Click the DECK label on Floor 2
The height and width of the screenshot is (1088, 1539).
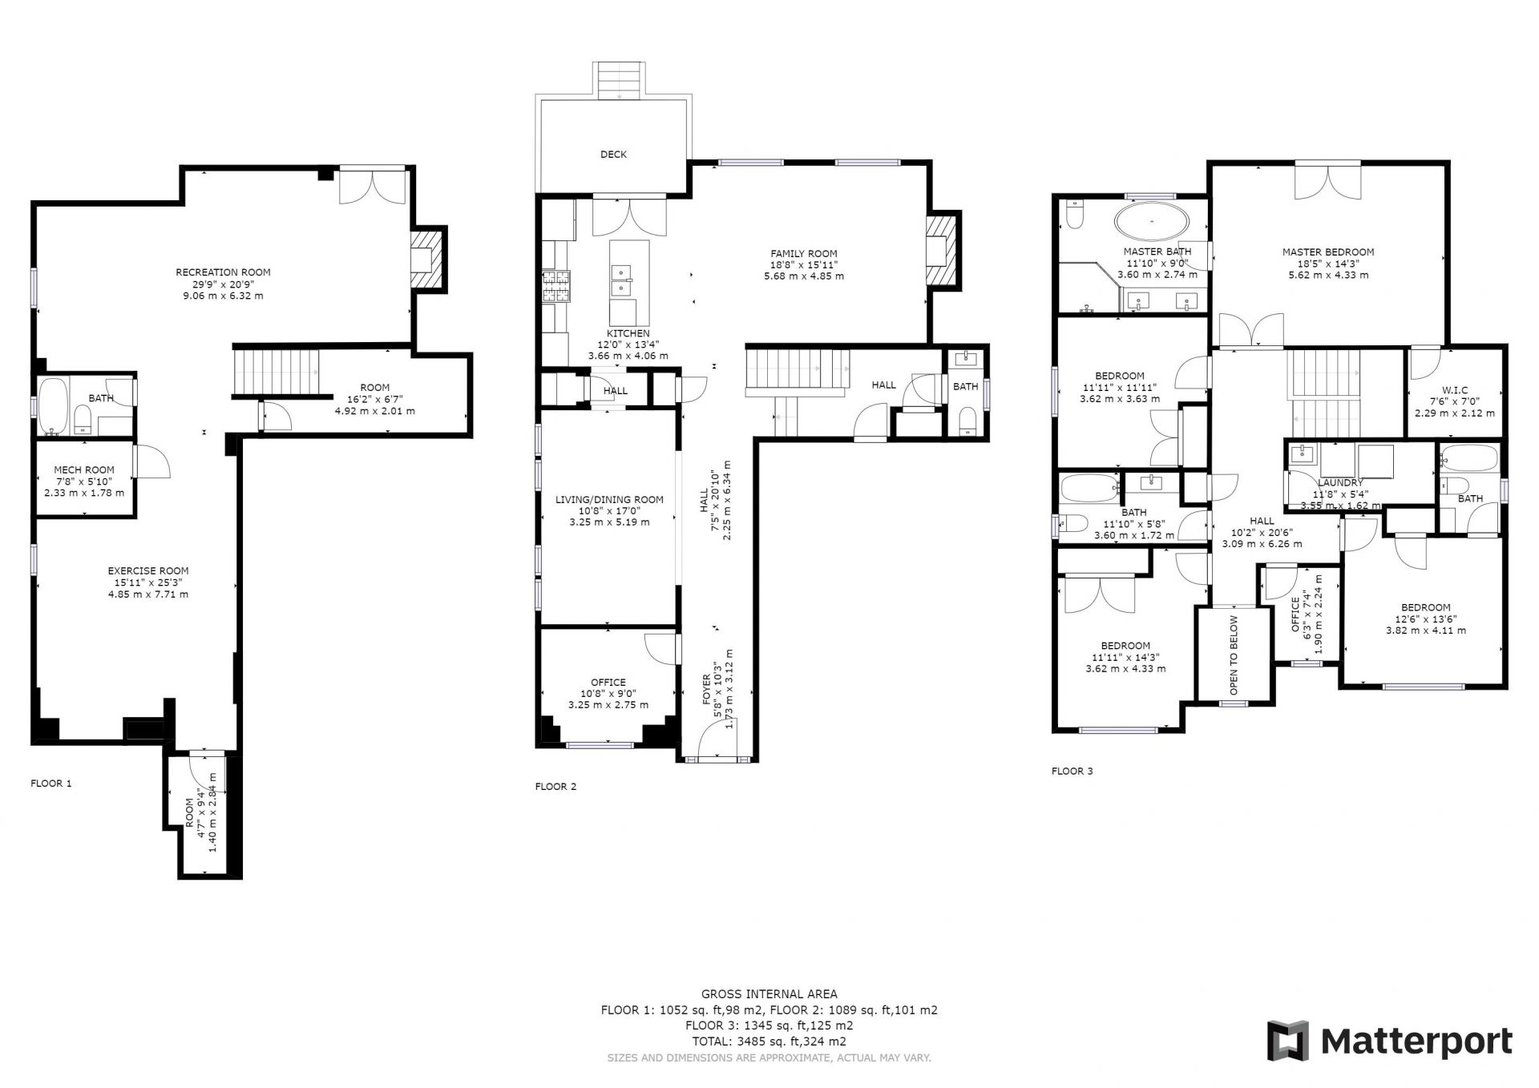[613, 155]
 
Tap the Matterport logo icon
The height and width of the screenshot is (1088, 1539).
[1287, 1041]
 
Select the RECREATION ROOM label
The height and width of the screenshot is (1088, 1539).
[223, 272]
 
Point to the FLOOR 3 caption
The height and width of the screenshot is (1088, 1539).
[1072, 772]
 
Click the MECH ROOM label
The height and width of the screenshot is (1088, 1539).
[84, 470]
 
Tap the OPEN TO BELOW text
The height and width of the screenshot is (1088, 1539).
[1234, 655]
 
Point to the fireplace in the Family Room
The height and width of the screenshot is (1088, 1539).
[941, 251]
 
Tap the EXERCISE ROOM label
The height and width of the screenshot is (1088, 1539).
[148, 571]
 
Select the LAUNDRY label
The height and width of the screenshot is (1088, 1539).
[1340, 483]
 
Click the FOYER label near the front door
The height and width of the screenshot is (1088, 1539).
[707, 689]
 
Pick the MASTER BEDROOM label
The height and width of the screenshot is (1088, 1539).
[1328, 252]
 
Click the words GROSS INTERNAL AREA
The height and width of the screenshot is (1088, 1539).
[769, 994]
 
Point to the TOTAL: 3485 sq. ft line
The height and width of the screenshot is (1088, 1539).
[769, 1042]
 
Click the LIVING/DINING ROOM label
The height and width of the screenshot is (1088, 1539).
[609, 500]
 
